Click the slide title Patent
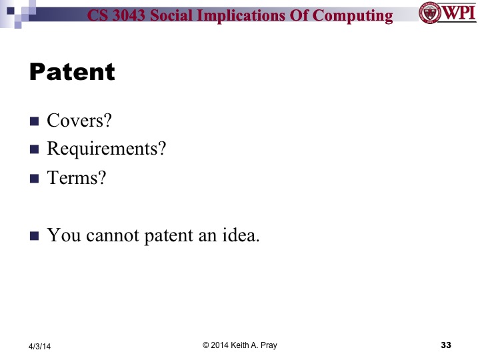click(72, 72)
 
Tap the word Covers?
click(79, 121)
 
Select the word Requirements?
click(106, 149)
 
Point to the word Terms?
click(76, 178)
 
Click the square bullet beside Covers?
click(35, 121)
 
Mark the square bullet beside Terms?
click(35, 179)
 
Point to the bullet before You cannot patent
click(35, 236)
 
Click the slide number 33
click(446, 345)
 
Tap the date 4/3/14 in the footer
click(39, 346)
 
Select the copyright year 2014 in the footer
click(221, 345)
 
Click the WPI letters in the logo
click(457, 13)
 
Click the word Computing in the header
click(353, 15)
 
